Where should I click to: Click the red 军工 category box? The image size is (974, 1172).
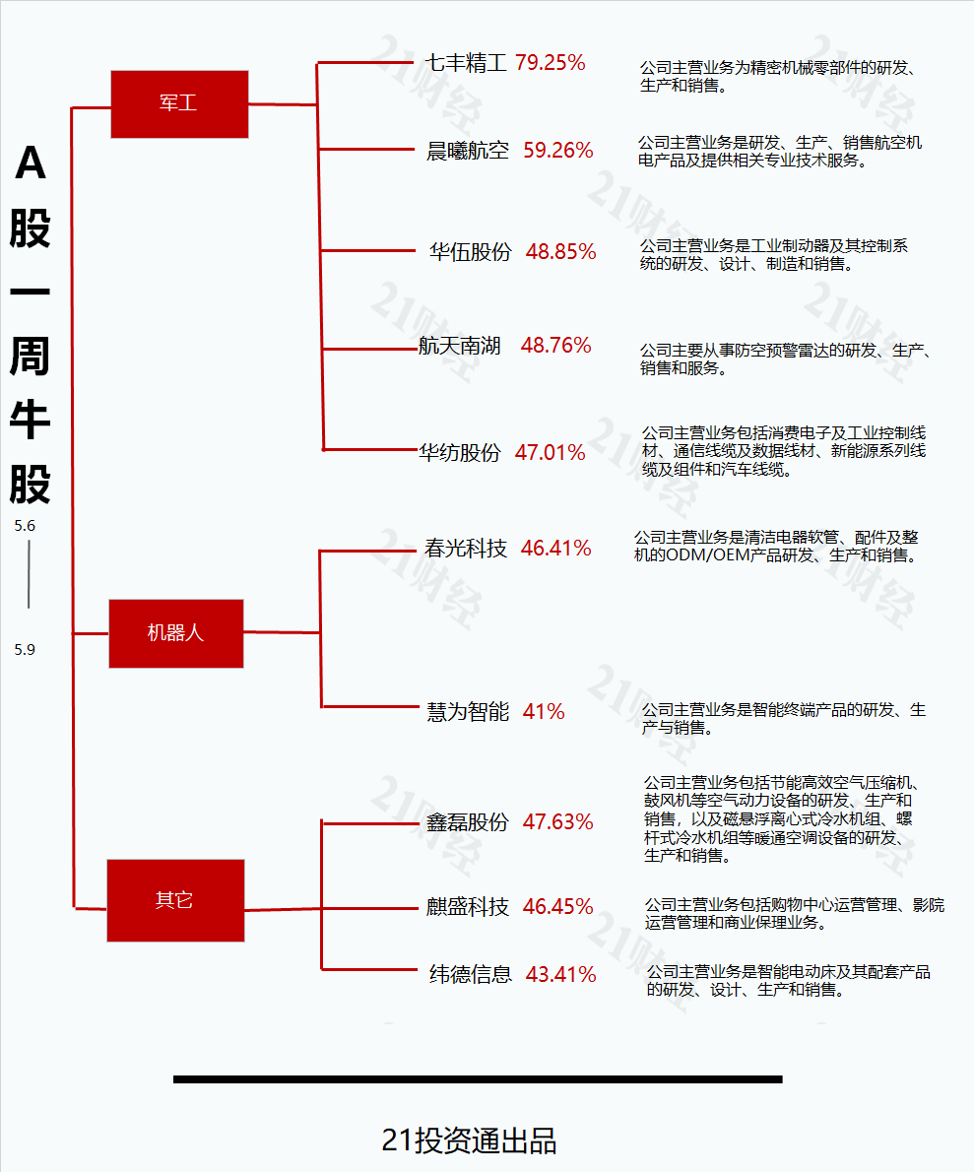[179, 103]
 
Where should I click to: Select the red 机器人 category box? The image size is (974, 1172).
[175, 633]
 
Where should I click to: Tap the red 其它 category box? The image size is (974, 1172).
[175, 900]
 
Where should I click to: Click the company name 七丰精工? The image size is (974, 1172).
[466, 64]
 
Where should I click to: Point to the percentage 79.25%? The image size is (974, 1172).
[551, 63]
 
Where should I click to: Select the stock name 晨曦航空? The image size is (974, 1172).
[468, 151]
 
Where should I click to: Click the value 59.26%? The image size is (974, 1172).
[558, 151]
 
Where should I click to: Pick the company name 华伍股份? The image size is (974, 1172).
[471, 252]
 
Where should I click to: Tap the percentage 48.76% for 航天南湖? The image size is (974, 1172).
[556, 346]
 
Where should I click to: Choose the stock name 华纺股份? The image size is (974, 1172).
[460, 453]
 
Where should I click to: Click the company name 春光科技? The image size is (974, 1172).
[466, 549]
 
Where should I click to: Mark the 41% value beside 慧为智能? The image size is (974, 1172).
[544, 711]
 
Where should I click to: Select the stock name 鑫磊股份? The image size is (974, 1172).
[467, 822]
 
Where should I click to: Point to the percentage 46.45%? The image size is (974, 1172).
[558, 907]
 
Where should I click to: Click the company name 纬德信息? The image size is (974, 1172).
[471, 975]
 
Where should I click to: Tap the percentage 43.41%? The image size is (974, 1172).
[561, 975]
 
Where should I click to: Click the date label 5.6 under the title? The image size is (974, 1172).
[25, 526]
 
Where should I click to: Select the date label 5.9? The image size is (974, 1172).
[25, 650]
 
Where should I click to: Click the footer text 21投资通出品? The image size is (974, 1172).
[469, 1140]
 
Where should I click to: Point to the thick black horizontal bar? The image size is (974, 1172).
[478, 1079]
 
